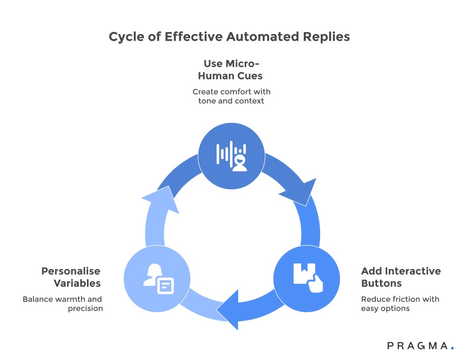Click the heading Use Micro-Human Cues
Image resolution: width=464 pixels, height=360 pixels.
click(231, 70)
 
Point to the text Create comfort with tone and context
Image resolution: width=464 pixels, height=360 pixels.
click(231, 96)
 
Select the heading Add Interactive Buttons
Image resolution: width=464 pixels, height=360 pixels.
click(401, 277)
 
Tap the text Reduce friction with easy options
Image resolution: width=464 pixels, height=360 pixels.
click(400, 304)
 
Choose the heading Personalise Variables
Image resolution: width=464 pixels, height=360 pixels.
click(71, 277)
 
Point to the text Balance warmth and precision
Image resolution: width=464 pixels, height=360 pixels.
click(63, 304)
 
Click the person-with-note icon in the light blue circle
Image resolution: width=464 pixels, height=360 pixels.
click(157, 278)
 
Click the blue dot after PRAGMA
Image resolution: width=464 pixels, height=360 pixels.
click(452, 348)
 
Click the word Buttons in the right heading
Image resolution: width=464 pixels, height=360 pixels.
click(382, 283)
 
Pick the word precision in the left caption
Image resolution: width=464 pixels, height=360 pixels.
click(85, 309)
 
